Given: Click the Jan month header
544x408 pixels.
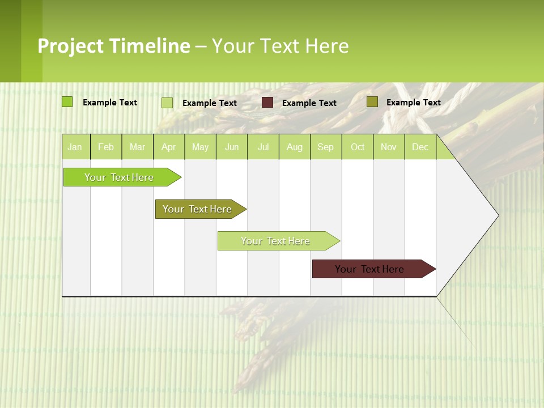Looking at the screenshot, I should click(x=75, y=147).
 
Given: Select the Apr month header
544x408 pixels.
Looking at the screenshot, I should click(x=168, y=147).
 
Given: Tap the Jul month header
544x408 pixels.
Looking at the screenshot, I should click(x=263, y=147).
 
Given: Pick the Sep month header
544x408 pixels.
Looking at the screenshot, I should click(x=325, y=147).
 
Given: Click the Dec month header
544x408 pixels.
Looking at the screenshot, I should click(x=420, y=147).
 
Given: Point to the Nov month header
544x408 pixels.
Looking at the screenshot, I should click(x=388, y=147).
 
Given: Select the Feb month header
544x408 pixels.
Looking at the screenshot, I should click(x=106, y=147).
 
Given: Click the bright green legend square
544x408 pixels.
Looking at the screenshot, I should click(x=67, y=102).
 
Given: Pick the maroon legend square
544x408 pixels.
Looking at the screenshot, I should click(x=267, y=103).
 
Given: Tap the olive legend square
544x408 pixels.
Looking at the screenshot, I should click(x=372, y=102).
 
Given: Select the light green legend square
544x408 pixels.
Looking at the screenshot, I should click(x=167, y=103).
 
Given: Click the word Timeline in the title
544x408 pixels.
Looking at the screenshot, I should click(x=149, y=46).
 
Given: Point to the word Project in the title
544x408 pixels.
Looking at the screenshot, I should click(x=70, y=46).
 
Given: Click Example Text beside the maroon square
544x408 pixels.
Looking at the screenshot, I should click(x=309, y=103).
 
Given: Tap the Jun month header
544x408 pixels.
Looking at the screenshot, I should click(x=232, y=147).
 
